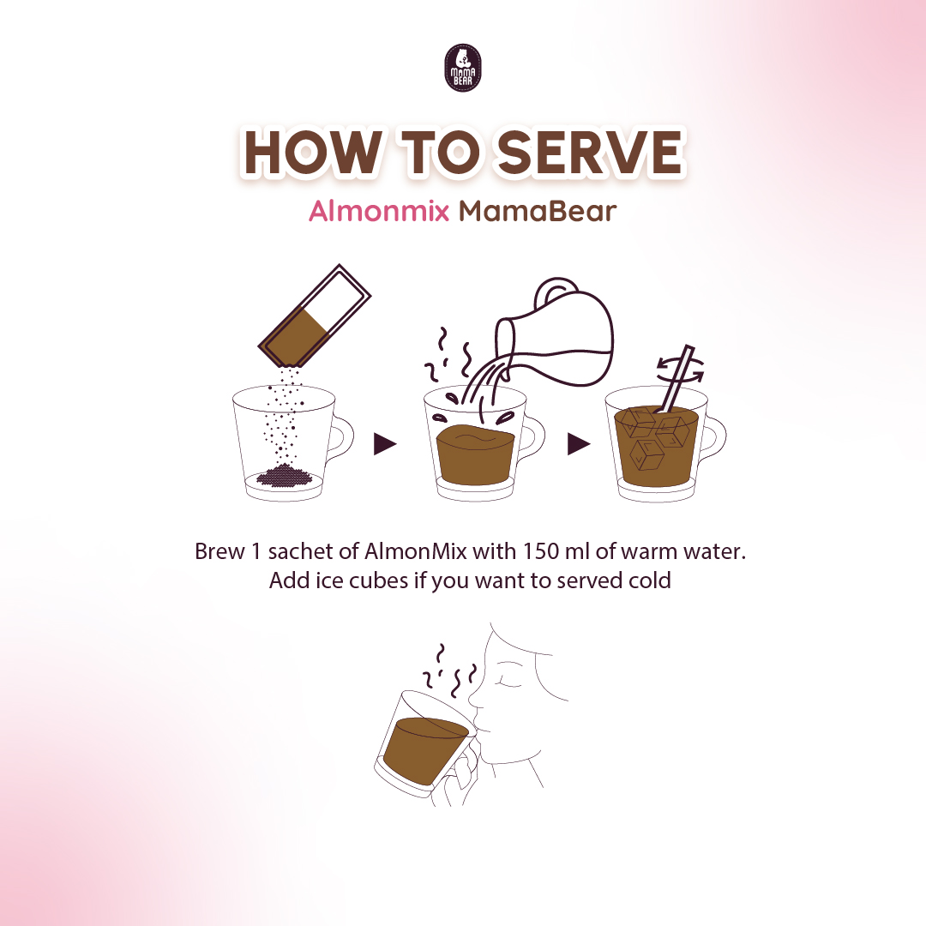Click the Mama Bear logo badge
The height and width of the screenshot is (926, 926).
[462, 68]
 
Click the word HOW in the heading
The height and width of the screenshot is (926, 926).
[313, 153]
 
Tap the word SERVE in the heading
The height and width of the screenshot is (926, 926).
[591, 153]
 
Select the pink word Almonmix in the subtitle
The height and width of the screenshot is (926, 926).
[379, 211]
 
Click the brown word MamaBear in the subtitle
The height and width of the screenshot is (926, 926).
[538, 211]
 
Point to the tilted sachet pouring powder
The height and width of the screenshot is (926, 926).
[314, 316]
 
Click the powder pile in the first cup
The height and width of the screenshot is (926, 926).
[285, 476]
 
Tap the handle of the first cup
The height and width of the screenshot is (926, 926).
[341, 437]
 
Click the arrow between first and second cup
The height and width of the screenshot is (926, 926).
[384, 444]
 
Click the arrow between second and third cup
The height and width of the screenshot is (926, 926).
[578, 444]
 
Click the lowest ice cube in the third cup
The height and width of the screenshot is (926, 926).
[645, 454]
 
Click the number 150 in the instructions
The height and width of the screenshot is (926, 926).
[540, 551]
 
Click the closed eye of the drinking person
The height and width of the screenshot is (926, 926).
[509, 682]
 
